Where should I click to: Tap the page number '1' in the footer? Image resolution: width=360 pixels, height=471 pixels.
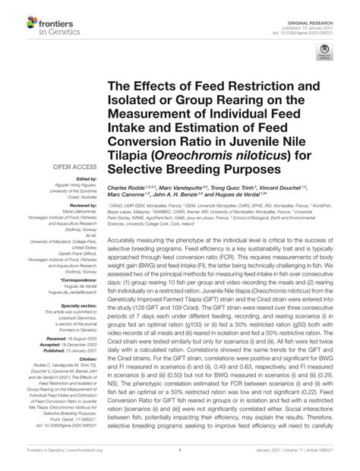click(x=179, y=461)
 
